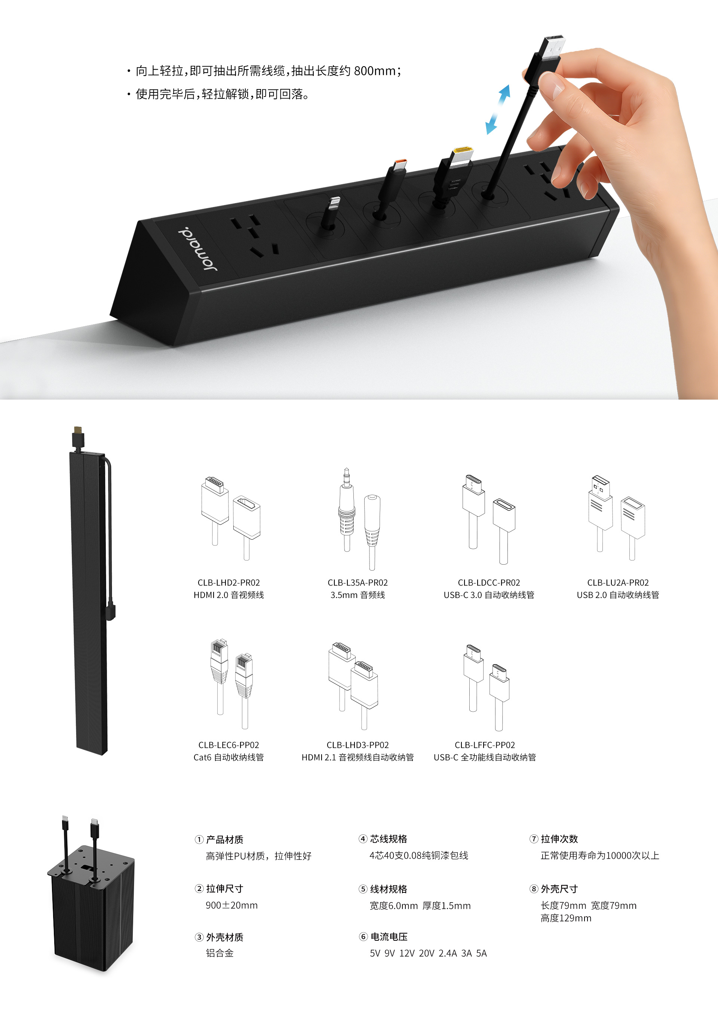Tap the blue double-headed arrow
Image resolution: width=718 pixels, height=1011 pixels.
(x=497, y=109)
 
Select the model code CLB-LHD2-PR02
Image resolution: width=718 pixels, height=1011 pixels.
(x=228, y=583)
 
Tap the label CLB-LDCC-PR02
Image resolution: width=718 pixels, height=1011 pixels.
(x=489, y=583)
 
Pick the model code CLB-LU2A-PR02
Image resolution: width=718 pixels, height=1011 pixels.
(x=618, y=583)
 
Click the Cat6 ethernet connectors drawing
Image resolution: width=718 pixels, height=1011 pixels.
(x=231, y=683)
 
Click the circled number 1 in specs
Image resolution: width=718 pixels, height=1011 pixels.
(x=199, y=839)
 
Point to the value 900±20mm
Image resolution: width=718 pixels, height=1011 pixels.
(x=232, y=905)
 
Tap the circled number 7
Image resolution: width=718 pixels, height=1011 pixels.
(x=534, y=839)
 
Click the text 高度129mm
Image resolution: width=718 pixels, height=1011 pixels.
(x=566, y=918)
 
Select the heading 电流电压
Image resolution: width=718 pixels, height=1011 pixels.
(x=389, y=937)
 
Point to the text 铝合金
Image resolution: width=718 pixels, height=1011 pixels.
(x=220, y=953)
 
